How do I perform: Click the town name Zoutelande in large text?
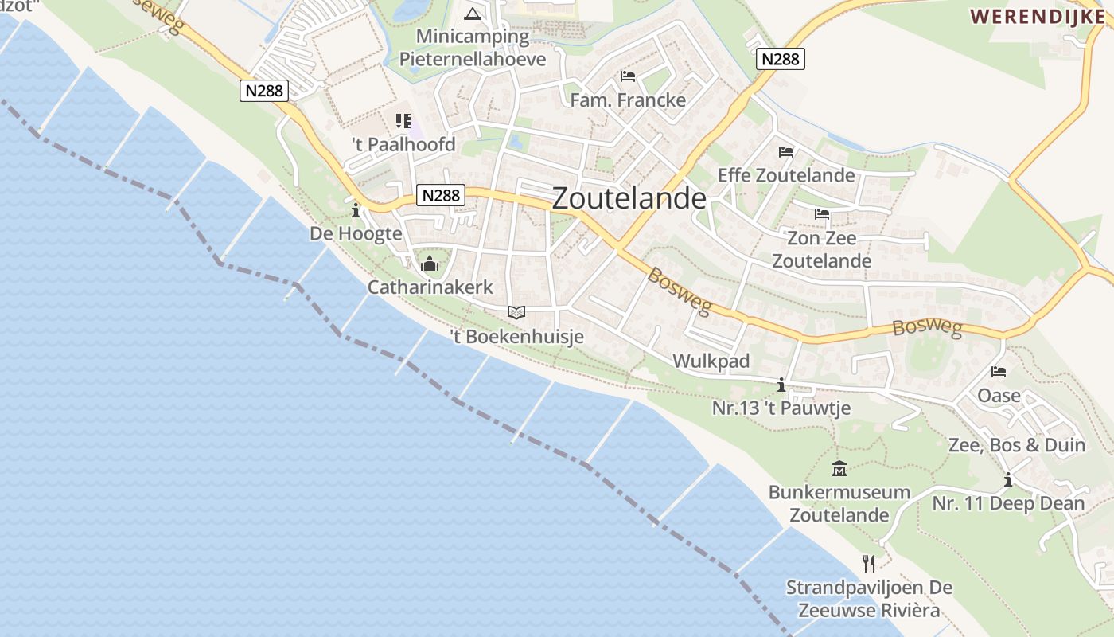coord(629,198)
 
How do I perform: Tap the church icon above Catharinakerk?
coord(430,264)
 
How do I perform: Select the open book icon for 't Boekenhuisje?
coord(516,312)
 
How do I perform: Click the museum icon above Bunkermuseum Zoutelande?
coord(839,468)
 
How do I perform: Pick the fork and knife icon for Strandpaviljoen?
coord(869,563)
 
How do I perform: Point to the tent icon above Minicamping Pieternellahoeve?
coord(473,14)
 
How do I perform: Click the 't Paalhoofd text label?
coord(403,144)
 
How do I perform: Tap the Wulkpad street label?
coord(711,361)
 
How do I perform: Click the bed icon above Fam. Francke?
coord(628,76)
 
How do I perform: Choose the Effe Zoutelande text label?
coord(785,175)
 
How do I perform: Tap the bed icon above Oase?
coord(999,372)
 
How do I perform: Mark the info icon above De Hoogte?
coord(356,210)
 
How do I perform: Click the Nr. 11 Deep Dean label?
coord(1008,503)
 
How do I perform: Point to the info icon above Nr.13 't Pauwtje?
coord(781,385)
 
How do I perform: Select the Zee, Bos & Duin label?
coord(1016,445)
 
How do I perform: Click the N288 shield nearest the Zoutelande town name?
coord(440,196)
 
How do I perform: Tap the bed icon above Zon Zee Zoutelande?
coord(821,214)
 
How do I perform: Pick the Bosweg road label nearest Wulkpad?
coord(677,291)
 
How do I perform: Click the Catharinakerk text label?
coord(430,287)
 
